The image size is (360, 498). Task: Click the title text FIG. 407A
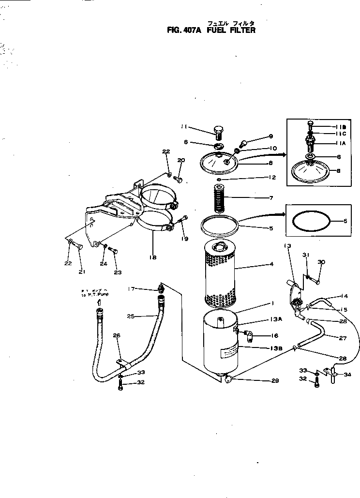click(x=185, y=30)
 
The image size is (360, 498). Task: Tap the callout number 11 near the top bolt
click(x=183, y=127)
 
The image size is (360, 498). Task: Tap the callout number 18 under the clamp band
click(x=153, y=257)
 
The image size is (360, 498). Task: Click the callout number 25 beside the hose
click(x=130, y=316)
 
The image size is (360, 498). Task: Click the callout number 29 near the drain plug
click(x=275, y=381)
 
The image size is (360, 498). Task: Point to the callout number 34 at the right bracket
click(x=347, y=374)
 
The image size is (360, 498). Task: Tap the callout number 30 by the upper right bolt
click(x=322, y=262)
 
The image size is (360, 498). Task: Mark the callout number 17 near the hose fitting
click(x=131, y=289)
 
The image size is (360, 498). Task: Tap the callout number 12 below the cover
click(x=272, y=178)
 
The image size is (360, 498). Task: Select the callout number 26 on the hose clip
click(x=116, y=335)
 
